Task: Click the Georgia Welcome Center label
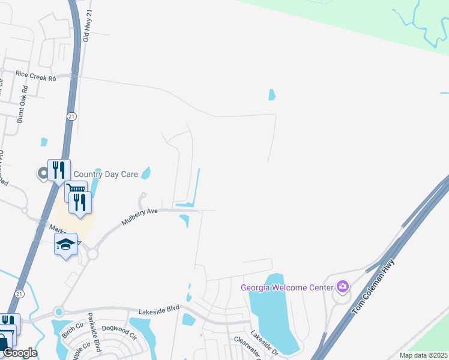[x=286, y=287]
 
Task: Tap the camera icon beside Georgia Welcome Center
[x=342, y=287]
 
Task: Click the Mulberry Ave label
[x=139, y=215]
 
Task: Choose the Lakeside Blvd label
[x=159, y=309]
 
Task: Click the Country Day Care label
[x=106, y=175]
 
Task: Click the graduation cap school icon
[x=65, y=244]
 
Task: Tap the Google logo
[x=19, y=353]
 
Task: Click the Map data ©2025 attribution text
[x=423, y=355]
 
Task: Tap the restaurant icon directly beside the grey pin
[x=59, y=170]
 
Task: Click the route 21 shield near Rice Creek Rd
[x=71, y=117]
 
